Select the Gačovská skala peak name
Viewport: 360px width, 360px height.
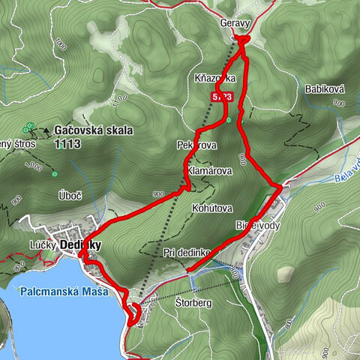pos(94,130)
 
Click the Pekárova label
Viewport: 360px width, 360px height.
pos(196,144)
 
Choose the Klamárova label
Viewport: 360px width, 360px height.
pos(209,171)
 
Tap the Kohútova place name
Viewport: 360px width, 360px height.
pos(214,208)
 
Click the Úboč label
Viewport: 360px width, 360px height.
pos(69,195)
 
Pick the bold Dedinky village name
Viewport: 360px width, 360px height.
pos(81,245)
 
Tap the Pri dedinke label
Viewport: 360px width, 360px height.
pos(186,253)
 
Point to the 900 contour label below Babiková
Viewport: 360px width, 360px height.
pos(339,103)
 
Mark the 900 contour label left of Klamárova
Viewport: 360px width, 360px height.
pos(157,194)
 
